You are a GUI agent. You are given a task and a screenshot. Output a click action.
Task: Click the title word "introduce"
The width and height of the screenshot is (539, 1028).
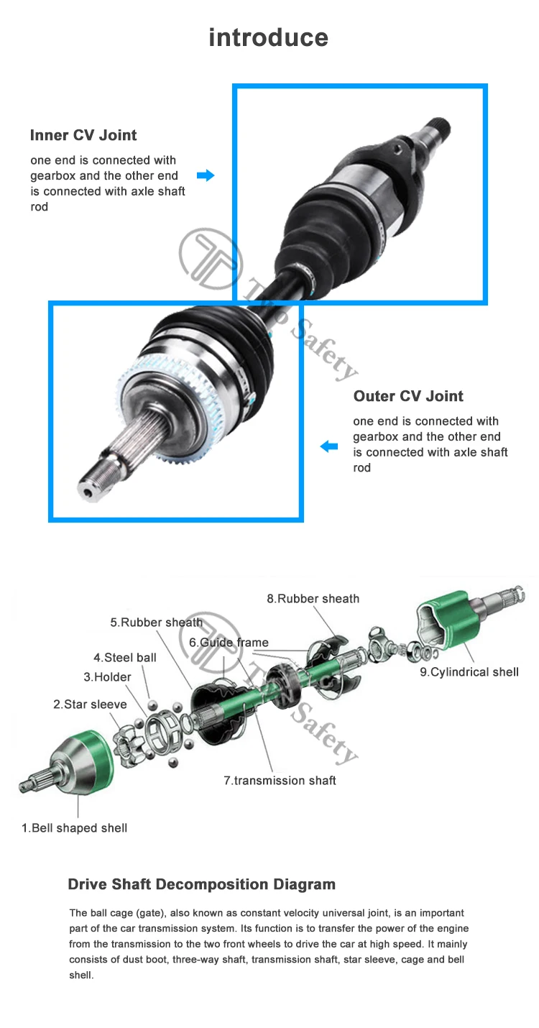[x=268, y=37]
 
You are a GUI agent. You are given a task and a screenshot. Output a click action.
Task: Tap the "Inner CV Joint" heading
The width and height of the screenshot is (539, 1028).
[x=83, y=135]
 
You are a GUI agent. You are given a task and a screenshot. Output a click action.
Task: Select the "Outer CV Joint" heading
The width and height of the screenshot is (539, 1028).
[x=408, y=396]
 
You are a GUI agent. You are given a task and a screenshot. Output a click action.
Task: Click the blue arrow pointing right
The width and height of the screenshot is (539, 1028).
[x=206, y=175]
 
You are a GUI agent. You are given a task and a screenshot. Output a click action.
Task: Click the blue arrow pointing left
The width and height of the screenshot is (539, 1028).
[x=329, y=446]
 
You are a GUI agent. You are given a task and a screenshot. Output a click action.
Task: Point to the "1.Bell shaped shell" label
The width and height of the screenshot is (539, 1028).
[x=74, y=828]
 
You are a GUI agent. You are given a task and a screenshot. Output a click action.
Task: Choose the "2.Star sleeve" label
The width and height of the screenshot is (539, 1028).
[x=90, y=704]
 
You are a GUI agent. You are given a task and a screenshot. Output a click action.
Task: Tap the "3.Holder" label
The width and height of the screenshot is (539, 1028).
[x=107, y=677]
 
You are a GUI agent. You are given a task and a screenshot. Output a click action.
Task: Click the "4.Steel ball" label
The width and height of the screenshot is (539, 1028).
[x=125, y=658]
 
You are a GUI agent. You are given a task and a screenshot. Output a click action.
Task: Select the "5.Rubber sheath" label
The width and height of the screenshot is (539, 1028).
[x=157, y=623]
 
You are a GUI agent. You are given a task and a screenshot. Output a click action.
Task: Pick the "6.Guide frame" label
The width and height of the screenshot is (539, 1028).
[x=229, y=643]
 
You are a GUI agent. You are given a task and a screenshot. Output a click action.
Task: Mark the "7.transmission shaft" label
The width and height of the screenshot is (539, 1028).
[x=280, y=781]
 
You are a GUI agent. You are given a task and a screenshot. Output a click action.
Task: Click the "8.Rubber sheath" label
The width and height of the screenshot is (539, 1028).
[x=313, y=598]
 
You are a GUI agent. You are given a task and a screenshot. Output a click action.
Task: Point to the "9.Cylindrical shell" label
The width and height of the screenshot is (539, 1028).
[x=469, y=672]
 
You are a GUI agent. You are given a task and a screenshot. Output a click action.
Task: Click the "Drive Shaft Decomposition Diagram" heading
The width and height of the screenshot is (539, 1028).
[x=202, y=884]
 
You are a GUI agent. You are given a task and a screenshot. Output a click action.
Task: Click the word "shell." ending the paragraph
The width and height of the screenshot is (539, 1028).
[x=81, y=976]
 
